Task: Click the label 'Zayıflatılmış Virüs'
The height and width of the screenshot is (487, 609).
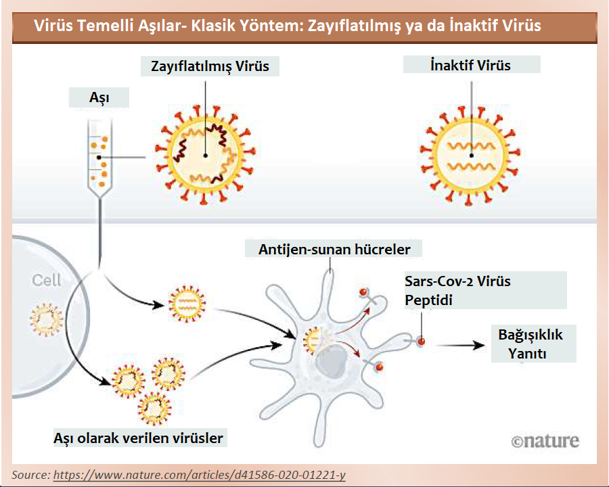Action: click(x=210, y=66)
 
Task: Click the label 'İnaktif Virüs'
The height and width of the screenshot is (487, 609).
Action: click(x=471, y=65)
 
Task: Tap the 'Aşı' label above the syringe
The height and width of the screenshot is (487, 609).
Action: click(x=99, y=99)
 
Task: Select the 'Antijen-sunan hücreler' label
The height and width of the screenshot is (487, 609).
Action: click(x=334, y=249)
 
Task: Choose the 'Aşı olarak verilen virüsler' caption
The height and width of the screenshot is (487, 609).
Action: click(x=138, y=438)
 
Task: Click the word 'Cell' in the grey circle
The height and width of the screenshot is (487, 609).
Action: click(x=46, y=280)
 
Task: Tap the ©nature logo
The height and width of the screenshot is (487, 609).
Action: click(x=545, y=441)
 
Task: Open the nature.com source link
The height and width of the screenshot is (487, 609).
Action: click(x=199, y=475)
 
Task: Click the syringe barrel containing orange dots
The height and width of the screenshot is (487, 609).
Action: click(x=100, y=156)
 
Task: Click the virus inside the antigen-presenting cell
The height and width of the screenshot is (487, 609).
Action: click(x=313, y=340)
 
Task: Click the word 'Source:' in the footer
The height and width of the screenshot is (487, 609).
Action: click(x=31, y=475)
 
